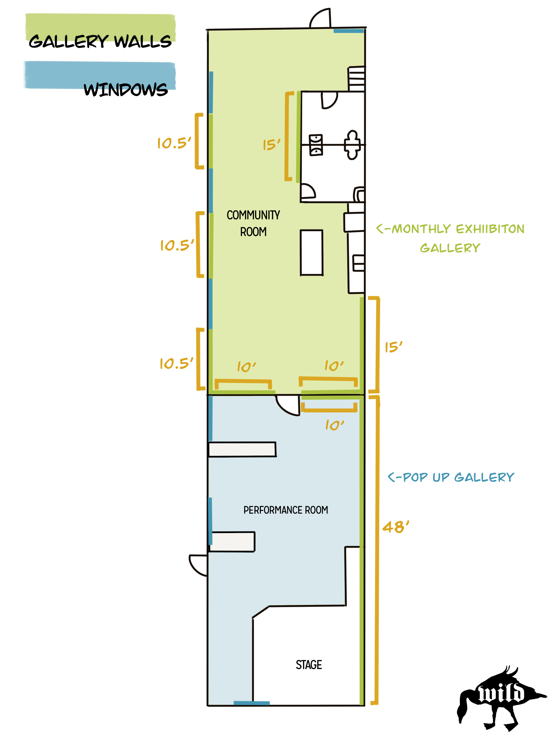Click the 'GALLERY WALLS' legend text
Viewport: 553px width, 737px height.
(x=100, y=41)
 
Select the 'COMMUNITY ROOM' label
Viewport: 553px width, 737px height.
(x=253, y=223)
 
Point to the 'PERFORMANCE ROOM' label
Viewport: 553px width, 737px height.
(x=285, y=510)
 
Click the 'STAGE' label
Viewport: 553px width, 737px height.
(x=309, y=665)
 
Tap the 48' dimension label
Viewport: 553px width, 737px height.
(x=396, y=527)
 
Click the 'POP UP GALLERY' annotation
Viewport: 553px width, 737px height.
(x=451, y=477)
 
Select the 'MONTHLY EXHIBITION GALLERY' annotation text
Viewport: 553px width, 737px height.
(x=450, y=238)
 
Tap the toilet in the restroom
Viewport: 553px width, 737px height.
(x=352, y=145)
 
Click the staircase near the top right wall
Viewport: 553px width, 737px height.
(x=356, y=79)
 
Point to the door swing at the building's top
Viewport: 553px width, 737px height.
(x=320, y=18)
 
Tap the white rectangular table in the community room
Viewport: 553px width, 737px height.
(x=312, y=253)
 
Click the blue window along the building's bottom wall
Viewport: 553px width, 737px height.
(x=251, y=703)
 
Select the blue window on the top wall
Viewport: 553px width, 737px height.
(x=349, y=31)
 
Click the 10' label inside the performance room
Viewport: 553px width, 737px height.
(x=335, y=425)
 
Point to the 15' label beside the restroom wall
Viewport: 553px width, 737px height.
(x=271, y=145)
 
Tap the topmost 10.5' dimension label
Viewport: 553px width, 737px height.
(x=174, y=143)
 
